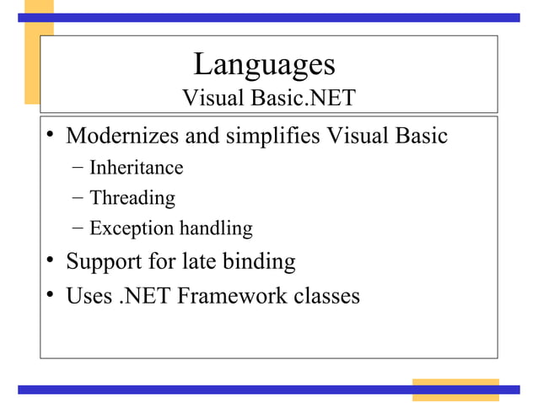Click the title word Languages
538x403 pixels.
[264, 64]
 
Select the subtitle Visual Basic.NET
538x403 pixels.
[268, 99]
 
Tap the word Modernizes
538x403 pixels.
[121, 136]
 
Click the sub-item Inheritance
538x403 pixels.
[136, 167]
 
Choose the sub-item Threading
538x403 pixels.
[132, 198]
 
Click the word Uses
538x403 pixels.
[87, 297]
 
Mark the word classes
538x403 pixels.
[325, 297]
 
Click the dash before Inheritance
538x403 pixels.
[78, 167]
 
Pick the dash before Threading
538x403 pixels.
[78, 198]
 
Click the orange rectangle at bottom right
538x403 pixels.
[455, 390]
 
